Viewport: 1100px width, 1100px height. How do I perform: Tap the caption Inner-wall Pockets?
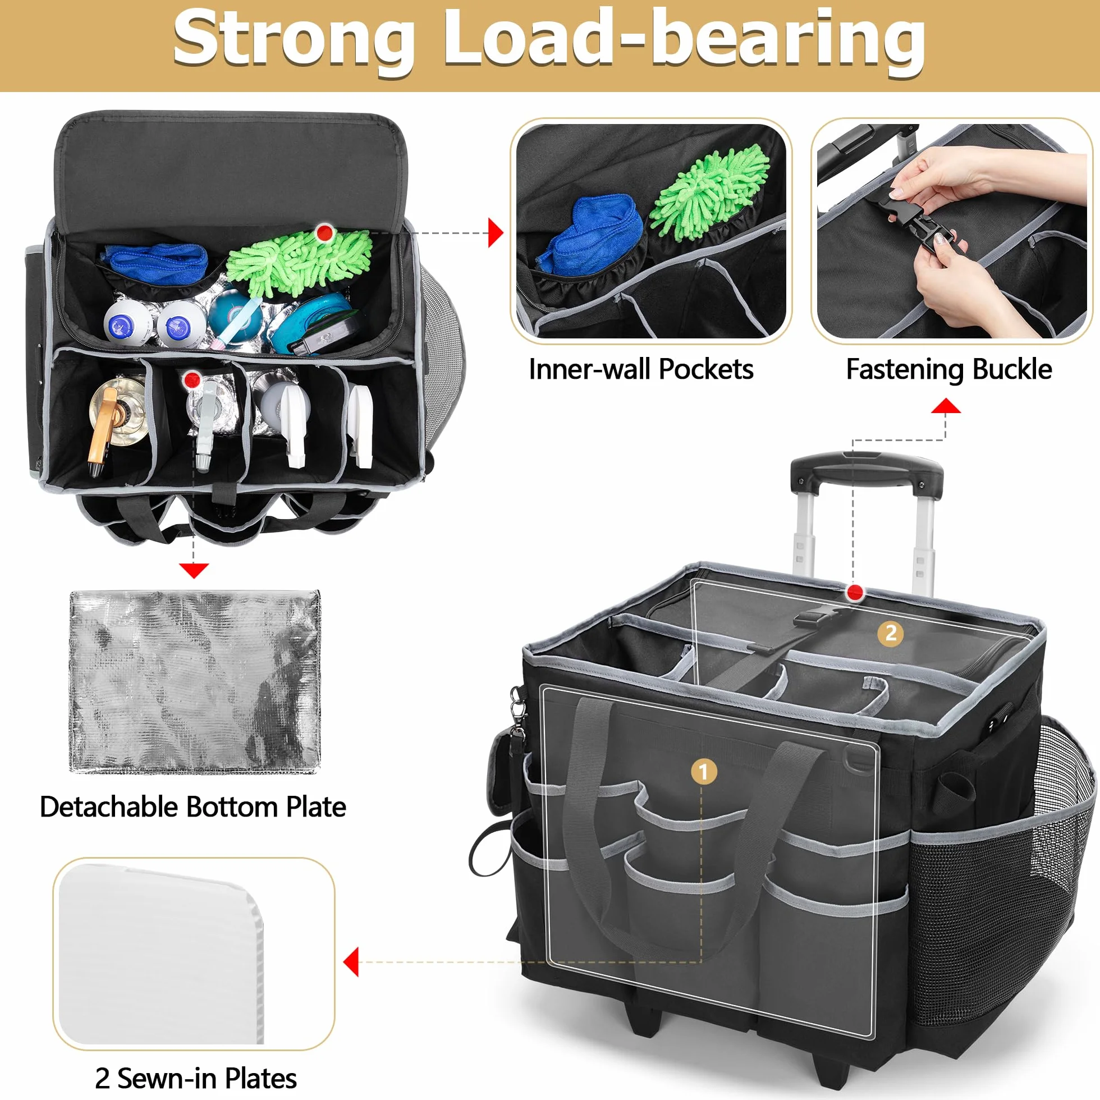tap(641, 369)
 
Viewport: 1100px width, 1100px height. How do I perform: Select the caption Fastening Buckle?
tap(948, 369)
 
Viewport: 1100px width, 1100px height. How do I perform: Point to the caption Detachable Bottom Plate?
tap(192, 808)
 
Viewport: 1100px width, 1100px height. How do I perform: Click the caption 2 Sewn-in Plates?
tap(195, 1078)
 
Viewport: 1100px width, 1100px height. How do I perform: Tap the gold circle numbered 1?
tap(704, 772)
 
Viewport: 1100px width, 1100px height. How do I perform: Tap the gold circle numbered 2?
tap(891, 632)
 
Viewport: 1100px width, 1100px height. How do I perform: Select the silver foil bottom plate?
tap(195, 682)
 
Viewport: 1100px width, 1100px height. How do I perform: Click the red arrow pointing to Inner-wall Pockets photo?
tap(496, 233)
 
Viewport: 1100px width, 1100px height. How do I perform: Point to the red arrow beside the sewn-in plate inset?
tap(351, 962)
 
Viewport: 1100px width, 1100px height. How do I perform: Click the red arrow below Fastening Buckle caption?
tap(946, 405)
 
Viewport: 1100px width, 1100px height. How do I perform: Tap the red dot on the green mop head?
tap(324, 232)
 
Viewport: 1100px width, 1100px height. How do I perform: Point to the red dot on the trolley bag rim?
tap(854, 593)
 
